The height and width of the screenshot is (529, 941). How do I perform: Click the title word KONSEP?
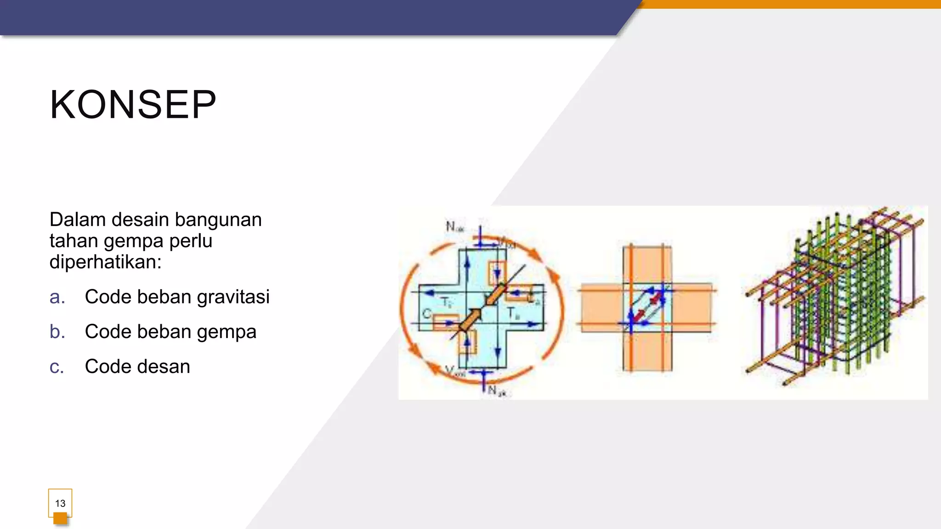[x=133, y=105]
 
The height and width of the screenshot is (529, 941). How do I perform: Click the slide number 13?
[x=60, y=503]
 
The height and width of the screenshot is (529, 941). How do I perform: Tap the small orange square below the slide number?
[x=60, y=519]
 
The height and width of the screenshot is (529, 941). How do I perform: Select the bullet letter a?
[x=57, y=297]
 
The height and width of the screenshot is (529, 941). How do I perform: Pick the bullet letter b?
[x=57, y=332]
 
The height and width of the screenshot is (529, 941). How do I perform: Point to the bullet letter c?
[x=57, y=367]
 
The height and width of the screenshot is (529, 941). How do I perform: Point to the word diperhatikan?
[x=105, y=262]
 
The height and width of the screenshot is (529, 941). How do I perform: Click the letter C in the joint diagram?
[x=426, y=314]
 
